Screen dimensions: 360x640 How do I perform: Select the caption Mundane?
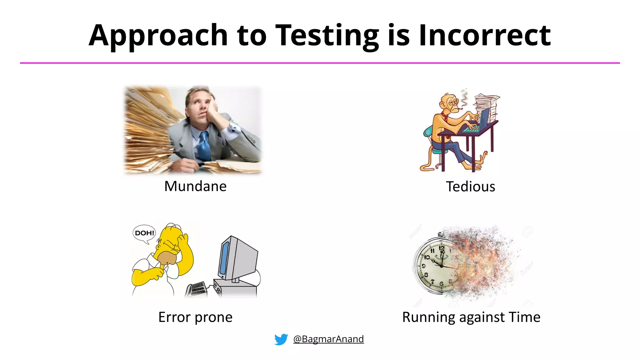tap(195, 186)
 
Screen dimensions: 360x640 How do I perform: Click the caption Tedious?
tap(470, 187)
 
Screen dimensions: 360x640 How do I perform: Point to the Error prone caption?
tap(195, 317)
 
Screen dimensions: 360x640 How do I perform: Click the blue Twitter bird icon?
tap(281, 339)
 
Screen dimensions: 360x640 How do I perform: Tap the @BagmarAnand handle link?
tap(328, 339)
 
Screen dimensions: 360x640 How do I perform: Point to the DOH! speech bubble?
tap(144, 233)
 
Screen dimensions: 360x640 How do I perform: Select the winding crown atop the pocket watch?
tap(440, 234)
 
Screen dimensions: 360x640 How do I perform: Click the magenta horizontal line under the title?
tap(320, 63)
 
